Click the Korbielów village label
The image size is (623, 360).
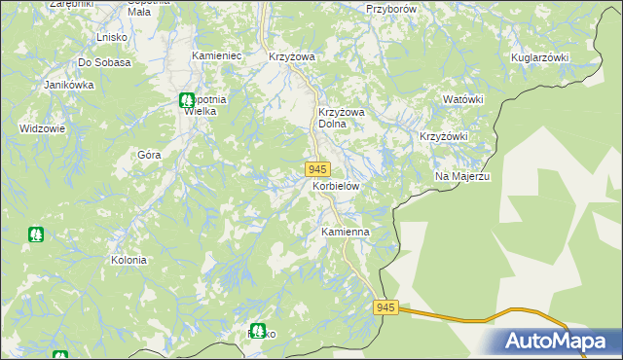click(336, 185)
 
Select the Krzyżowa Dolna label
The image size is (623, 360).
click(341, 118)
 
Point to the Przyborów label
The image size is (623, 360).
click(392, 8)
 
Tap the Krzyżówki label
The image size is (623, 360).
click(444, 136)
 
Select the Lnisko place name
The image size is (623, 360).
click(114, 37)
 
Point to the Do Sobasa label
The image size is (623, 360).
click(104, 62)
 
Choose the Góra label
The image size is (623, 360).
click(149, 154)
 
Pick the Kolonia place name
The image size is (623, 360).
click(128, 260)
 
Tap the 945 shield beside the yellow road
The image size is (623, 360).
click(385, 307)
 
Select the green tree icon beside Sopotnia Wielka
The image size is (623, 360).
click(186, 99)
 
